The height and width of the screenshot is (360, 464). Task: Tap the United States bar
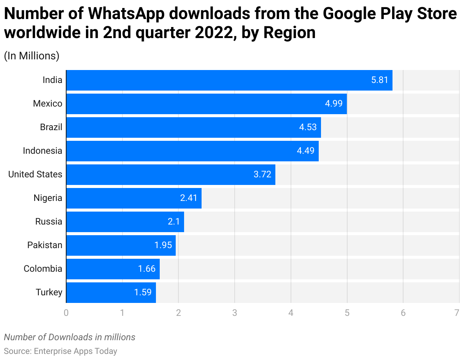click(171, 175)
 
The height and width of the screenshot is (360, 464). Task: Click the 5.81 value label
click(380, 80)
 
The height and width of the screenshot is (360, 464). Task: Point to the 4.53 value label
click(308, 127)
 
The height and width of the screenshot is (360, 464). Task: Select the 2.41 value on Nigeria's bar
click(189, 198)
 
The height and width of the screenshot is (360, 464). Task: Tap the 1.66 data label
click(147, 269)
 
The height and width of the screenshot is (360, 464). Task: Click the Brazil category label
click(51, 127)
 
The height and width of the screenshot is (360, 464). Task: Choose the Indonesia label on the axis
click(42, 151)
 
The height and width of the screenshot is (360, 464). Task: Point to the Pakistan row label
click(44, 245)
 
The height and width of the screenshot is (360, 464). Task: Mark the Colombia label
click(43, 269)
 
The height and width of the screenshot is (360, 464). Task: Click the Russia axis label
click(49, 222)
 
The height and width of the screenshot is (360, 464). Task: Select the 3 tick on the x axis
click(235, 313)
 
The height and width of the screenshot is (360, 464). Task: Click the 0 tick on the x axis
click(66, 313)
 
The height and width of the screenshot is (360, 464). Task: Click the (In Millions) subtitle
click(32, 56)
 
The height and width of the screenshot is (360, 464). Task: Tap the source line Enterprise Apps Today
click(60, 351)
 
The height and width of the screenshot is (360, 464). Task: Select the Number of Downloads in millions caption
click(70, 337)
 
